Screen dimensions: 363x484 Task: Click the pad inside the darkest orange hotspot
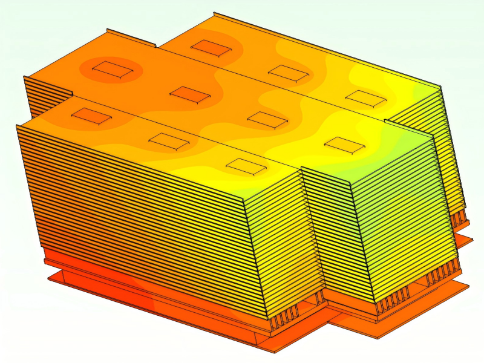pos(113,70)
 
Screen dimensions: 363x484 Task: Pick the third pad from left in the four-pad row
pos(267,119)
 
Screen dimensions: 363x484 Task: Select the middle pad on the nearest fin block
pos(169,142)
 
